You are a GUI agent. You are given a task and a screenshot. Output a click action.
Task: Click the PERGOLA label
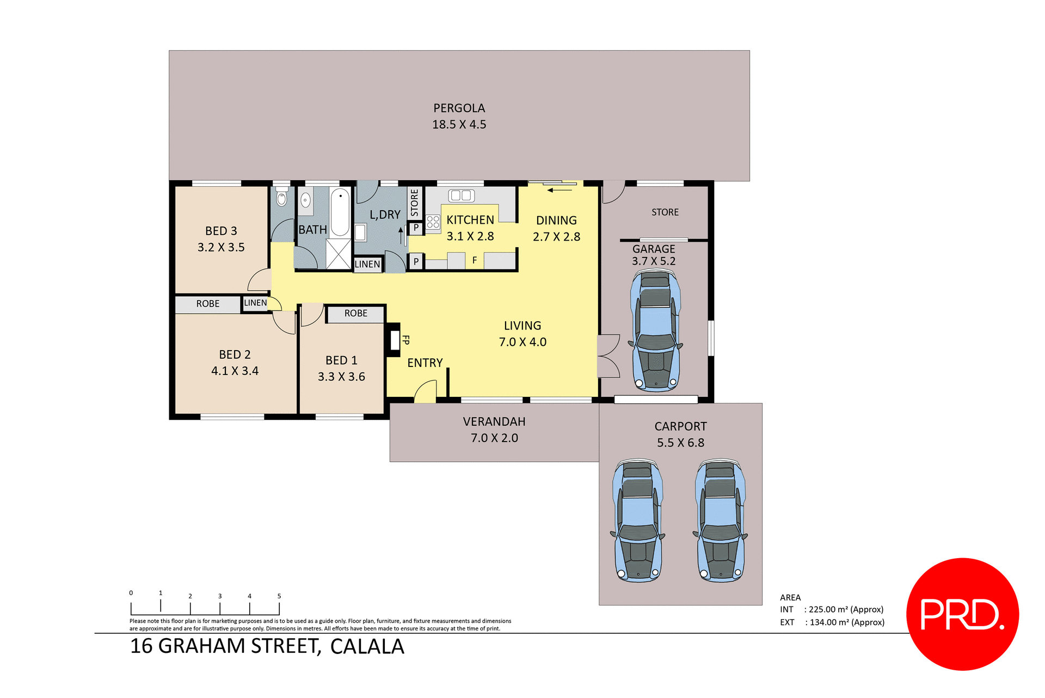pos(459,108)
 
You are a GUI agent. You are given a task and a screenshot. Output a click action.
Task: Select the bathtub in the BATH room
pos(340,212)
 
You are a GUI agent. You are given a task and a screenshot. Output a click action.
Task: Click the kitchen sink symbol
pos(461,195)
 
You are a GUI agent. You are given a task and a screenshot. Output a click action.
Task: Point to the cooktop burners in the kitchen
pos(433,222)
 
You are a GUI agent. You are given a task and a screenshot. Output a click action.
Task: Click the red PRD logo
pos(962,614)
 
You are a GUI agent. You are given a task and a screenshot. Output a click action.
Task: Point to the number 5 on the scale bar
pos(279,596)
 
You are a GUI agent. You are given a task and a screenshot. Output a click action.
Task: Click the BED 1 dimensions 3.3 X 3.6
pos(341,377)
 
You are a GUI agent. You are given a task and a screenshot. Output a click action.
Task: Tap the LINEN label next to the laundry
pos(367,265)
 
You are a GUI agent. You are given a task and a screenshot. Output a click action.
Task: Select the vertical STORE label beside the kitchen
pos(415,203)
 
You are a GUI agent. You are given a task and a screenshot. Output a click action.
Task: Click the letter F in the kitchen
pos(475,261)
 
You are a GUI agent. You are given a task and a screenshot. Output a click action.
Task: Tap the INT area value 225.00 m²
pos(845,609)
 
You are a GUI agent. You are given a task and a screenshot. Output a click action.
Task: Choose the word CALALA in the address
pos(367,647)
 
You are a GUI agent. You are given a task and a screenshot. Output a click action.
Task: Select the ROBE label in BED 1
pos(355,314)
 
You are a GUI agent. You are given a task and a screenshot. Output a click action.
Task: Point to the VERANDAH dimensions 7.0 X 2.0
pos(494,438)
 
